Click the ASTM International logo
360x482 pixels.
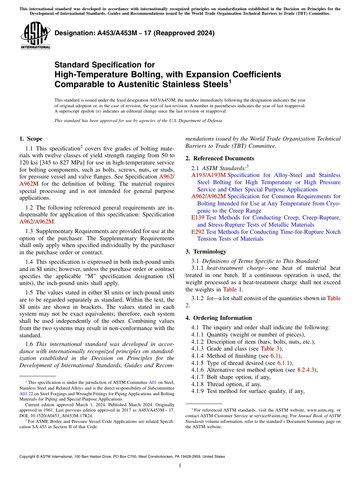tap(35, 36)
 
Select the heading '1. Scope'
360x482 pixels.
tap(31, 139)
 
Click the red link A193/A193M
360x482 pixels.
tap(208, 175)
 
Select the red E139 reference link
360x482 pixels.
tap(198, 218)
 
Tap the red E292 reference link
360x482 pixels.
tap(198, 232)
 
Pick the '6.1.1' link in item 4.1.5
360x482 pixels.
tap(286, 363)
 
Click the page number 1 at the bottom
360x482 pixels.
tap(180, 466)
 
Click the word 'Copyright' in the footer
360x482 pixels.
tap(29, 457)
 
